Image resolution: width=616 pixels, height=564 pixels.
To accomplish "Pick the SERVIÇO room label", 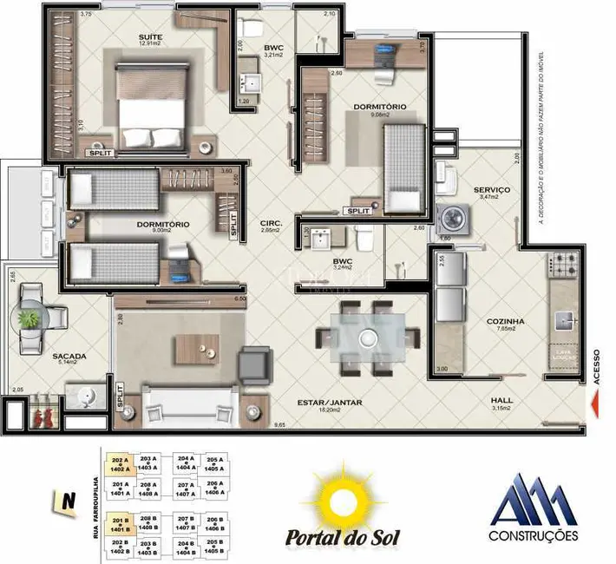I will pyautogui.click(x=491, y=189).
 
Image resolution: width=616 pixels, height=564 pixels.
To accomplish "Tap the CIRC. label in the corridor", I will pyautogui.click(x=271, y=224).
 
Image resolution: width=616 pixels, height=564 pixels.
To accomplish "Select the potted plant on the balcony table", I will pyautogui.click(x=30, y=318).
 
